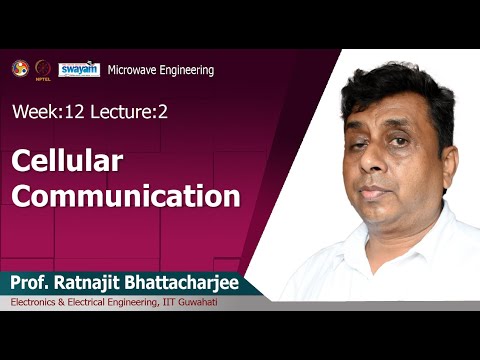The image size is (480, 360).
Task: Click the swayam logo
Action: [x=78, y=69]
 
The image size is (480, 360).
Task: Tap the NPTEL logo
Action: [x=43, y=69]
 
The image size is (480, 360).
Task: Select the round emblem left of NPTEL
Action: [x=20, y=68]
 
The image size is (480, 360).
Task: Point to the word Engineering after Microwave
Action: [x=187, y=70]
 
